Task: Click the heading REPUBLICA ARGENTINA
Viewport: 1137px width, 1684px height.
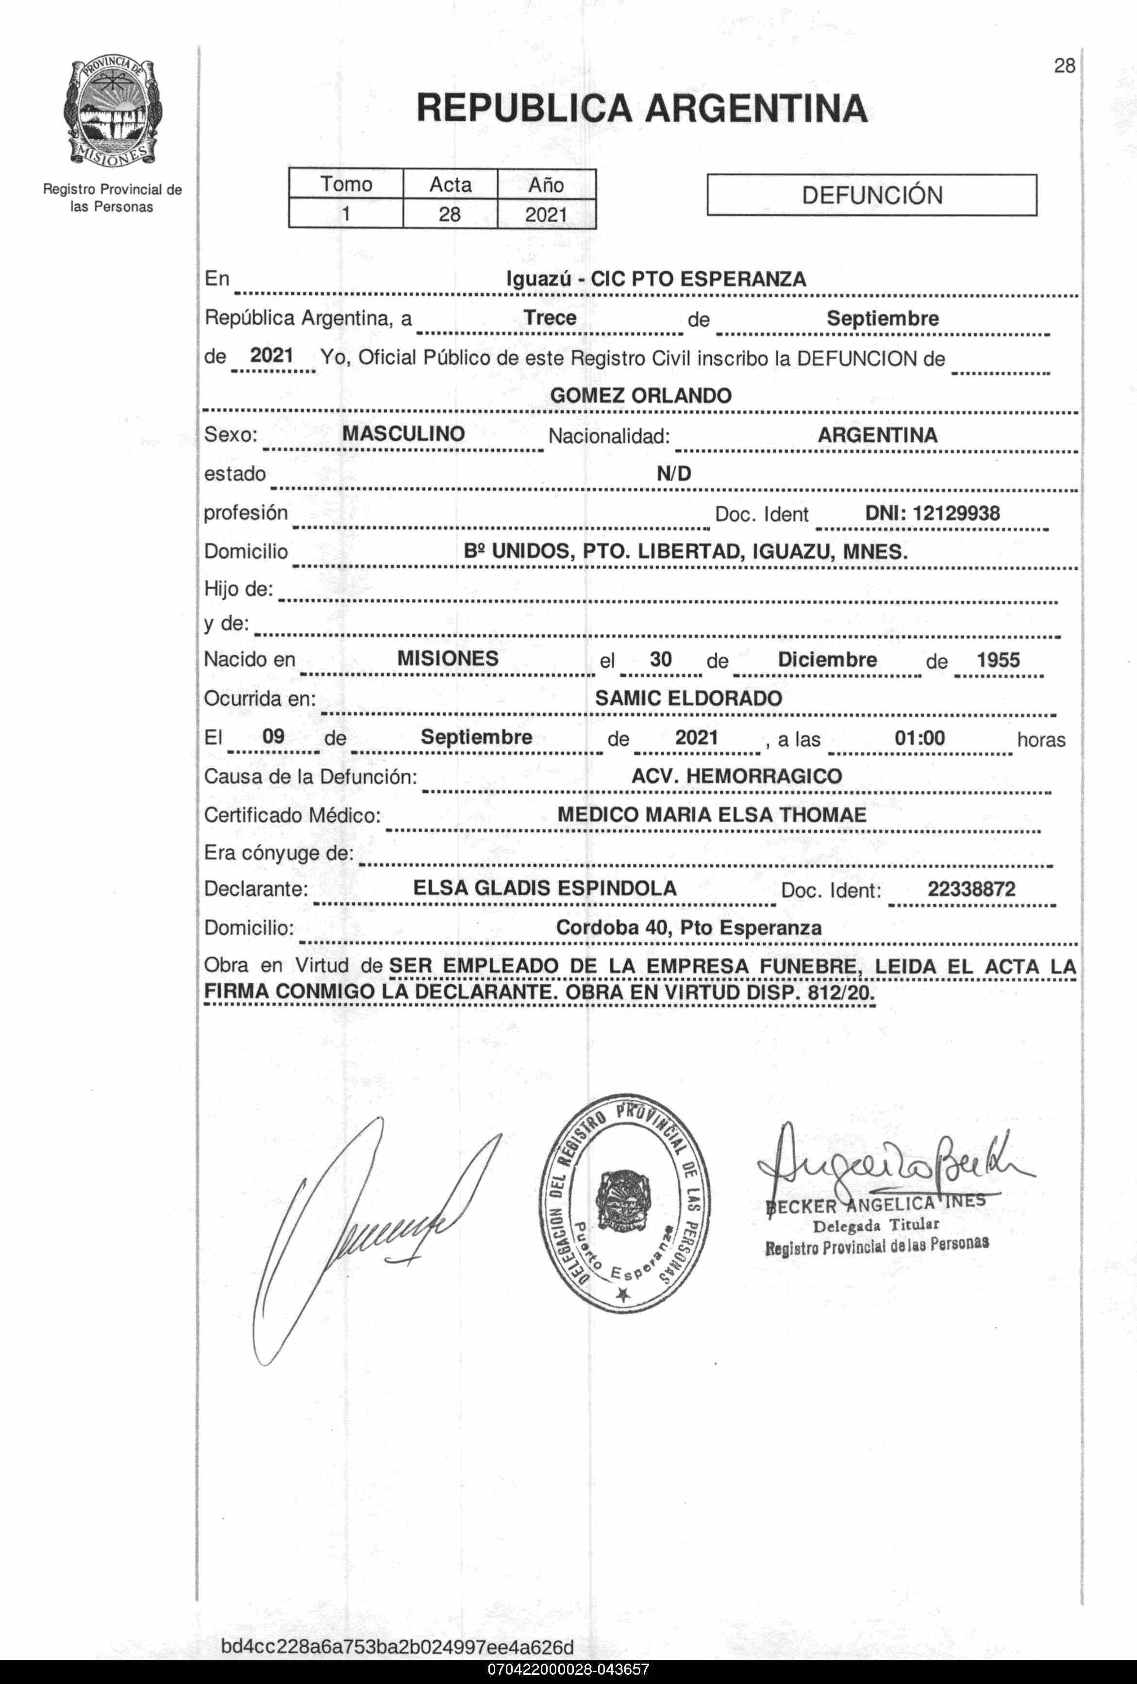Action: [641, 109]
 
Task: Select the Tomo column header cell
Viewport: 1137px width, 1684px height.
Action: [346, 184]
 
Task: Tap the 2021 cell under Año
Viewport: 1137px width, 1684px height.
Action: [546, 215]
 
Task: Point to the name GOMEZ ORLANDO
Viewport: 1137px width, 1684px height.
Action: [641, 396]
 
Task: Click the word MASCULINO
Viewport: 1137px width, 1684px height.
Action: [403, 434]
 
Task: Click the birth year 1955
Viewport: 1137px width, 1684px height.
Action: [998, 660]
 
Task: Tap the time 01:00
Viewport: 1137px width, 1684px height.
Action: [919, 738]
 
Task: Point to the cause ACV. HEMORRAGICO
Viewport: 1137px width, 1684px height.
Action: [736, 776]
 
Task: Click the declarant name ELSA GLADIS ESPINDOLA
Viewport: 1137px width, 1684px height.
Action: [544, 889]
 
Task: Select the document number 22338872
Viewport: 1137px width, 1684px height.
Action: [971, 889]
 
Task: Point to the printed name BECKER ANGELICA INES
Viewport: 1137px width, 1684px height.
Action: [875, 1205]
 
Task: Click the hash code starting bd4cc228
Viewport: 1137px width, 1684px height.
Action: [397, 1647]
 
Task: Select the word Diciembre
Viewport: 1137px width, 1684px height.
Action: [827, 660]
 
